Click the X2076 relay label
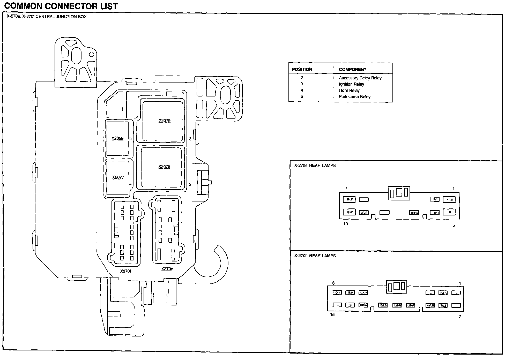165,121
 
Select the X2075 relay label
164,167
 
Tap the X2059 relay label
117,138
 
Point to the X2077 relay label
118,177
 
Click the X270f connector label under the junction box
126,271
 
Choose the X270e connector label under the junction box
167,269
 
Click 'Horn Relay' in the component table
349,91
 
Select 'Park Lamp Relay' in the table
354,97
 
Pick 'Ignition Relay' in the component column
351,84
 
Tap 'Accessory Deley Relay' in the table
360,78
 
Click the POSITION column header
302,69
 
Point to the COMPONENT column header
352,69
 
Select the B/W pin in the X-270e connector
350,212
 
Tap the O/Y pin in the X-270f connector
338,292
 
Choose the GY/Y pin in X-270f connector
363,292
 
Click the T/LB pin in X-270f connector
443,305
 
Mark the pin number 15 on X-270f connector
332,314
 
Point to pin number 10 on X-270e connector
346,224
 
